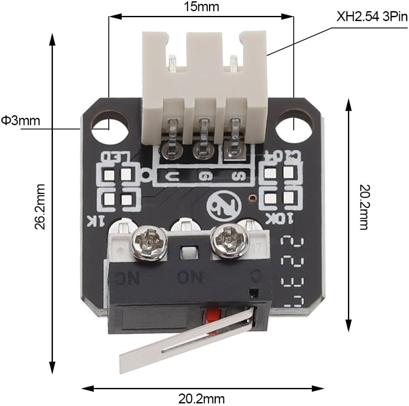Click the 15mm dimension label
(x=202, y=7)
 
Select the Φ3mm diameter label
(x=21, y=120)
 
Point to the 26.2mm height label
(x=40, y=206)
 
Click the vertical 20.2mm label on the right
(x=364, y=207)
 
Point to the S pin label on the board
(x=235, y=176)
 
